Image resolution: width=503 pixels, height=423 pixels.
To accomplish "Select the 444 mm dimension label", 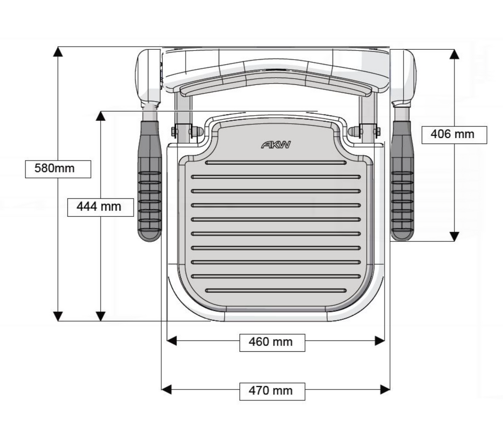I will pyautogui.click(x=100, y=207).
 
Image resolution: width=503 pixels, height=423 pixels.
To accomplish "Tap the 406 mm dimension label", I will pyautogui.click(x=454, y=134).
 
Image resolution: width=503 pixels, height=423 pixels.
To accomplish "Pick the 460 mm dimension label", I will pyautogui.click(x=272, y=342).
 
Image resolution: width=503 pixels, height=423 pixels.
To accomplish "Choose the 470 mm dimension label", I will pyautogui.click(x=272, y=391).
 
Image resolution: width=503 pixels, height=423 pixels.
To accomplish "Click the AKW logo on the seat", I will pyautogui.click(x=276, y=145).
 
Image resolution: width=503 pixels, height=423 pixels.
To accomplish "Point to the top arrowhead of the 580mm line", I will pyautogui.click(x=58, y=51).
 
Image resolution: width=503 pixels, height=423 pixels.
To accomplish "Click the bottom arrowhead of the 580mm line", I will pyautogui.click(x=58, y=316).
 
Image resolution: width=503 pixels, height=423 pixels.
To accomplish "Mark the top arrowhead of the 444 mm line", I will pyautogui.click(x=101, y=116).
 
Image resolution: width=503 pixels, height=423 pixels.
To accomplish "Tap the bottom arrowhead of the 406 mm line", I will pyautogui.click(x=455, y=236).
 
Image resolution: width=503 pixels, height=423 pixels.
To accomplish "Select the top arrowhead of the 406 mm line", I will pyautogui.click(x=455, y=54).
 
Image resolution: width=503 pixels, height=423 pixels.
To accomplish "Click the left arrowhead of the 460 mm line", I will pyautogui.click(x=172, y=341).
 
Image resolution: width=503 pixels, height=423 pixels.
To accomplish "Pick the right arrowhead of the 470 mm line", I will pyautogui.click(x=385, y=389).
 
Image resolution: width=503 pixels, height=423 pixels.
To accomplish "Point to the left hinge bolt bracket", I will pyautogui.click(x=183, y=131).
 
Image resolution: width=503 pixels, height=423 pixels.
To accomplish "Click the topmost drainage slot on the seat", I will pyautogui.click(x=276, y=163).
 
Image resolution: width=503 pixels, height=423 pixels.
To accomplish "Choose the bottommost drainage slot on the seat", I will pyautogui.click(x=276, y=291).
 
